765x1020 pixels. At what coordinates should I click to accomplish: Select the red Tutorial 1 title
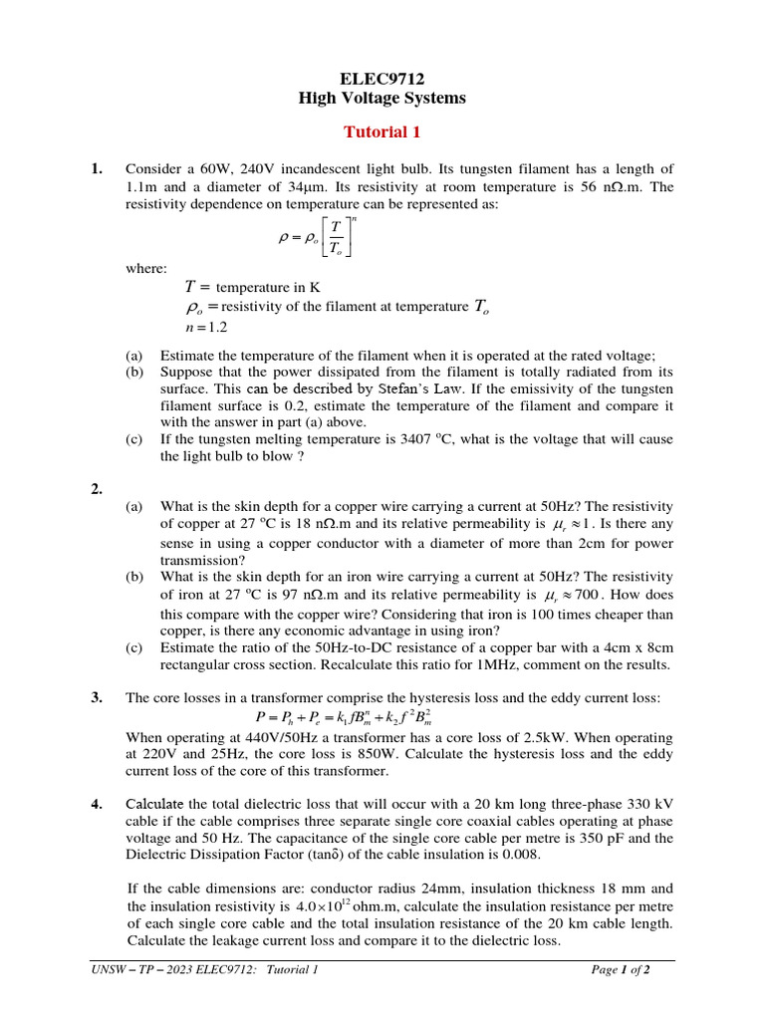382,131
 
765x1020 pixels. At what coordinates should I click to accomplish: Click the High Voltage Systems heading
382,98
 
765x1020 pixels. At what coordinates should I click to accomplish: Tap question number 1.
97,168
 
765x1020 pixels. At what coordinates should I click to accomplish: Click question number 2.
97,488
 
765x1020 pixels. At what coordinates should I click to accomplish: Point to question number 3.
97,697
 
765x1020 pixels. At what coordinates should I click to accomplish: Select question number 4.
97,804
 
